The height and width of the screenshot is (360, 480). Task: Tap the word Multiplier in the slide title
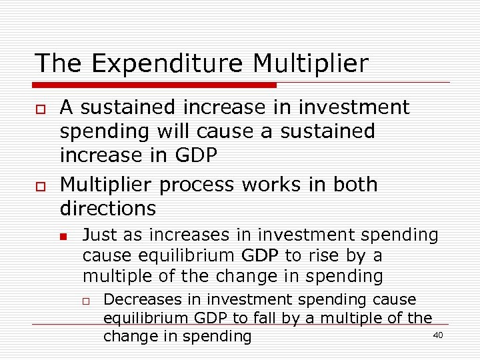[x=310, y=64]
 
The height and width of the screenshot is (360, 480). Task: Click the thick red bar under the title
[x=155, y=85]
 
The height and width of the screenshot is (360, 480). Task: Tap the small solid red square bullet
[x=63, y=237]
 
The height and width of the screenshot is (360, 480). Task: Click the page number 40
[x=438, y=335]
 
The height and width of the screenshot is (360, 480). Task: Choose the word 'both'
[x=354, y=185]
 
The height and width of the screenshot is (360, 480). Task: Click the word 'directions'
[x=108, y=209]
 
